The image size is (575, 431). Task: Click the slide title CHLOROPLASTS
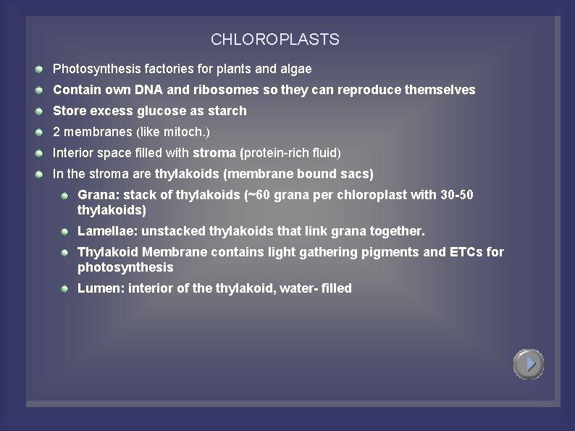point(274,40)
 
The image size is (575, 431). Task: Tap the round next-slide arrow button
point(529,364)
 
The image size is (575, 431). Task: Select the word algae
point(295,70)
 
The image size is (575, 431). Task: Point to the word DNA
point(149,90)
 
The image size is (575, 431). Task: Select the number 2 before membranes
point(56,132)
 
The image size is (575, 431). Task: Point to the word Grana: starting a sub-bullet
point(98,195)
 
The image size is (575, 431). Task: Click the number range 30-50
point(457,195)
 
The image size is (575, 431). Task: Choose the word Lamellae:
point(108,231)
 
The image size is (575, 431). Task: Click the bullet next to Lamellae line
point(64,231)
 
